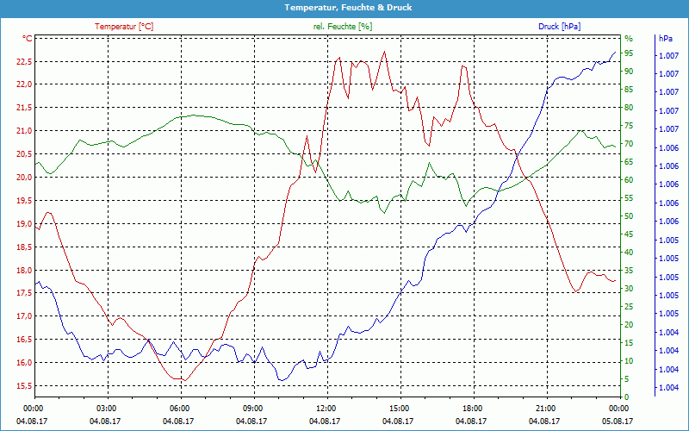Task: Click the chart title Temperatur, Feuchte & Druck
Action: pyautogui.click(x=344, y=7)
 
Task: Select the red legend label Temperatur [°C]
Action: pyautogui.click(x=124, y=27)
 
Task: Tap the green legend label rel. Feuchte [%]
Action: pyautogui.click(x=343, y=27)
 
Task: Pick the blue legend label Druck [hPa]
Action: pyautogui.click(x=559, y=27)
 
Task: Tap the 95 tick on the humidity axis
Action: pyautogui.click(x=629, y=53)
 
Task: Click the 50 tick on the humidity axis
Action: pyautogui.click(x=629, y=216)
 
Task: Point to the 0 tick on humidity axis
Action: pyautogui.click(x=626, y=397)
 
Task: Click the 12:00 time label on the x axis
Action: pyautogui.click(x=326, y=408)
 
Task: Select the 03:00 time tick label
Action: pyautogui.click(x=106, y=408)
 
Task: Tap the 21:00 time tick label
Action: pyautogui.click(x=545, y=408)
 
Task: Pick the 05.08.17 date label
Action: pyautogui.click(x=618, y=421)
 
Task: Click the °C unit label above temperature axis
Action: pyautogui.click(x=28, y=39)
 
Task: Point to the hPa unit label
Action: pyautogui.click(x=665, y=39)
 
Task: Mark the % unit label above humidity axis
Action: pyautogui.click(x=629, y=39)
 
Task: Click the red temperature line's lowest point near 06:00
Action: pyautogui.click(x=182, y=379)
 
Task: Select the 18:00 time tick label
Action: pyautogui.click(x=472, y=408)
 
